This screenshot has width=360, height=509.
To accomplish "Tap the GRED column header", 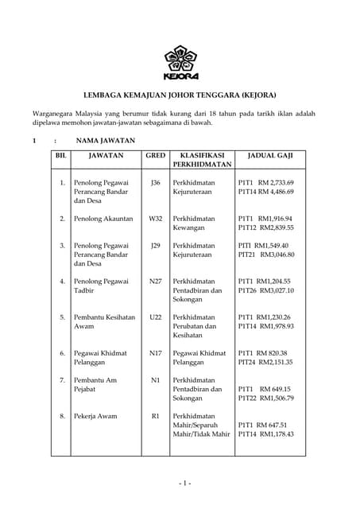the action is point(155,156).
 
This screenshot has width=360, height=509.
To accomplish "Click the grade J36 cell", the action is point(155,183).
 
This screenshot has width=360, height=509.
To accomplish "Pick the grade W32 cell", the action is point(155,218).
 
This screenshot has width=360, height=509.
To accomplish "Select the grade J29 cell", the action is point(155,246).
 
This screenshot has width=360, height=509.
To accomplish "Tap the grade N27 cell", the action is point(155,282).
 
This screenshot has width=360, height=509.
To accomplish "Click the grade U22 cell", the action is point(155,317).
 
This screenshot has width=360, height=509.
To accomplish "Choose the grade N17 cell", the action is point(155,352).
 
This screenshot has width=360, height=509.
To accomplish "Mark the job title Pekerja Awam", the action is point(95,416).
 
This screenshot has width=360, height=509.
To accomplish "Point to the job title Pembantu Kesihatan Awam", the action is point(104,321).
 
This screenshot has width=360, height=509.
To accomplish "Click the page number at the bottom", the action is point(184,484).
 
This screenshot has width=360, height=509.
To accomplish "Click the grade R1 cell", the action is point(155,416).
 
